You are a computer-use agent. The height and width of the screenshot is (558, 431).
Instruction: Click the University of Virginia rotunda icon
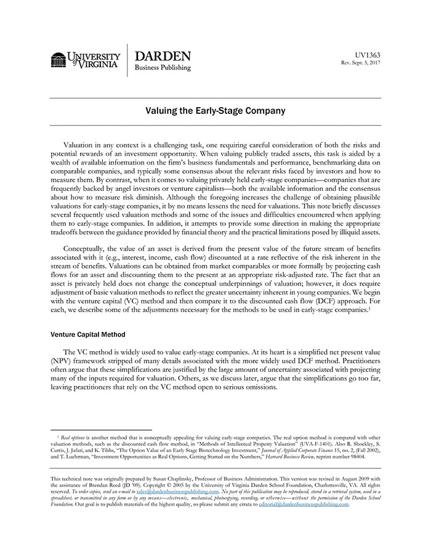(58, 60)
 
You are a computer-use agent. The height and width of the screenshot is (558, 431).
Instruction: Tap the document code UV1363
(368, 55)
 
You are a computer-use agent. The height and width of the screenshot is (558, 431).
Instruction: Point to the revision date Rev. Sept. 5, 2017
(361, 63)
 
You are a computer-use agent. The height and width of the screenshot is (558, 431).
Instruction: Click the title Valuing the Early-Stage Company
(216, 111)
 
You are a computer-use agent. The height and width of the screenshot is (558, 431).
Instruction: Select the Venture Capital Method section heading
(88, 334)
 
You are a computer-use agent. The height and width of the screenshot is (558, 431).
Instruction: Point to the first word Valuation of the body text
(83, 145)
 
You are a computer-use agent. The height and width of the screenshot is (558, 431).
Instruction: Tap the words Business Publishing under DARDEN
(163, 68)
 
